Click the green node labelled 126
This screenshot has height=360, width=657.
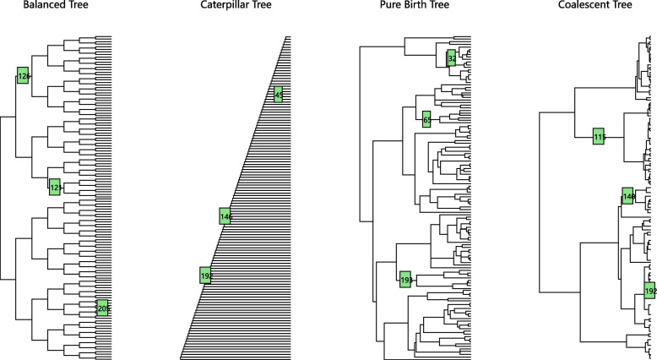(x=23, y=75)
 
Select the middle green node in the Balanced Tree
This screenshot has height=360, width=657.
(x=55, y=187)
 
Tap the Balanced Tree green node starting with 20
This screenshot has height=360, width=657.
(x=102, y=308)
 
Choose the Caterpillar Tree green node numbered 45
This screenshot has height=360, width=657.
(x=279, y=95)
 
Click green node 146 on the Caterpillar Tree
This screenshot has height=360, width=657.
(x=225, y=216)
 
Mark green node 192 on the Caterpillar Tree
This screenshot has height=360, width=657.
(x=205, y=275)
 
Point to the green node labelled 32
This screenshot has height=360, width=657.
(x=452, y=58)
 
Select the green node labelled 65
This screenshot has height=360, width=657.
(x=427, y=120)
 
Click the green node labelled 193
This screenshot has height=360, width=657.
(x=405, y=279)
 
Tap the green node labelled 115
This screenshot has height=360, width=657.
(x=599, y=136)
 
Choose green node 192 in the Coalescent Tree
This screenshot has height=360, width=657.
(x=649, y=292)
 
